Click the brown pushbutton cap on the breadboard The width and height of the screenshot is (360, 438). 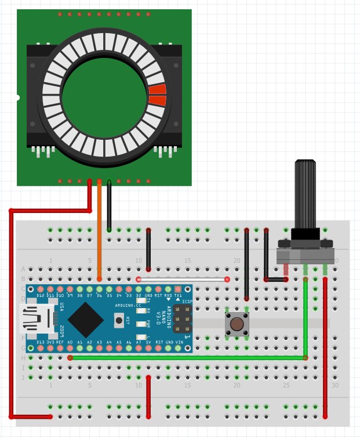(x=237, y=323)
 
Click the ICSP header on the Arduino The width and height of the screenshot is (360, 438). (x=183, y=319)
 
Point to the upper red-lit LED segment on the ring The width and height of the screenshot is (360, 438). (x=157, y=89)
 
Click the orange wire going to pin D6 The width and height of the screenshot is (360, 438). (x=100, y=232)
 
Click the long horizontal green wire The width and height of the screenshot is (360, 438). (x=186, y=358)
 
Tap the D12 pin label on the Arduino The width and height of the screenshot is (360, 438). (x=41, y=296)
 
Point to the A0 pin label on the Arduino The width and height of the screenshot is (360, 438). (x=70, y=343)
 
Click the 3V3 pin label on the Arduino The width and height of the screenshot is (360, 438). (x=50, y=343)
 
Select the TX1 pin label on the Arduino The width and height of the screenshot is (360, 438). (x=178, y=296)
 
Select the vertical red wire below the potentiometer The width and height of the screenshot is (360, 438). (x=325, y=348)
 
